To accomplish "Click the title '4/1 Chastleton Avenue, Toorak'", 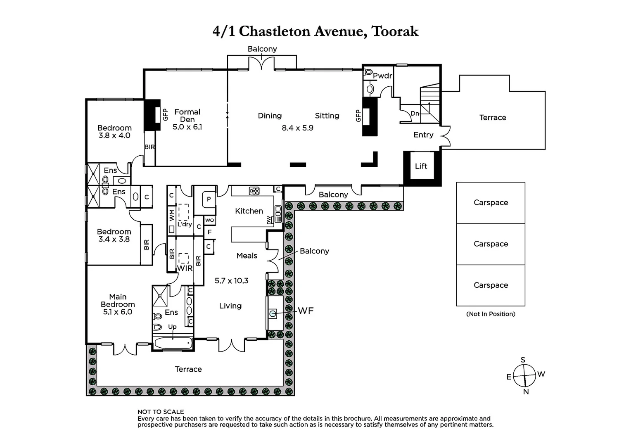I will click(315, 31).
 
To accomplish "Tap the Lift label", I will click(421, 166).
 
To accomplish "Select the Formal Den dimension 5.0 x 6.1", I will click(187, 127).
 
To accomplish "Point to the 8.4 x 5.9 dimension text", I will click(297, 128).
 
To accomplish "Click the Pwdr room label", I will click(382, 76).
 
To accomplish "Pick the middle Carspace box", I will click(491, 244).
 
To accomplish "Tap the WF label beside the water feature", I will click(306, 311).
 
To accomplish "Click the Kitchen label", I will click(249, 211).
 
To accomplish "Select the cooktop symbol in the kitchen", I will click(254, 191).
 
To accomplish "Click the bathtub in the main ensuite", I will click(173, 343).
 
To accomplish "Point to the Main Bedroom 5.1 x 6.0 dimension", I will click(117, 312).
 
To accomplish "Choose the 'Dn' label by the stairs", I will click(415, 114).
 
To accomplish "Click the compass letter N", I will click(526, 392).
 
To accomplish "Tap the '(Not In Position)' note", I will click(491, 314).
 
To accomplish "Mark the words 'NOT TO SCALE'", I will click(161, 412).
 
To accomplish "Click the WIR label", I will click(184, 268).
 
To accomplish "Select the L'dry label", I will click(185, 224).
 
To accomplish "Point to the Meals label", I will click(247, 256).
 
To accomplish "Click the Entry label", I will click(423, 135).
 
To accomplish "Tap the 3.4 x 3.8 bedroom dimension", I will click(114, 239).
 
